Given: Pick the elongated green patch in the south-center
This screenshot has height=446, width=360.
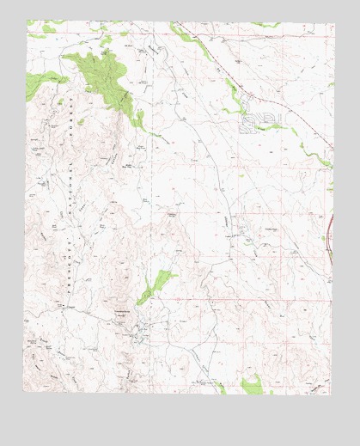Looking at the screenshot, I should coord(157,283).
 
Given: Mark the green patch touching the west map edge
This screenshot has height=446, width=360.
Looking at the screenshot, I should coord(34,89).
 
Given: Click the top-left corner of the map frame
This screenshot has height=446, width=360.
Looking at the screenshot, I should coord(27,21).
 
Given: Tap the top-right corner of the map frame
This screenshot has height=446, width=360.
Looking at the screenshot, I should coord(334,23).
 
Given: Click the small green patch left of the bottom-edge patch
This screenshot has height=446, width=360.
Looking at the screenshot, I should coord(221,388).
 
